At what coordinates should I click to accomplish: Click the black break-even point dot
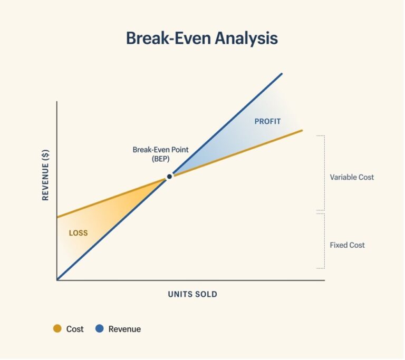coord(169,177)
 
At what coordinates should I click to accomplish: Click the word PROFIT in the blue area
coord(267,121)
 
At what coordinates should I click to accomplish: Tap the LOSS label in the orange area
coord(79,233)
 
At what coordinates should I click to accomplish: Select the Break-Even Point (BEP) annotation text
coord(156,154)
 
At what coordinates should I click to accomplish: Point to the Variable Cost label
coord(352,177)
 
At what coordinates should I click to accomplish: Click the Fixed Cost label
coord(347,245)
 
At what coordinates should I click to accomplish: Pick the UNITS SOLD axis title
coord(192,294)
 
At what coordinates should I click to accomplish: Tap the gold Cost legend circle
coord(57,329)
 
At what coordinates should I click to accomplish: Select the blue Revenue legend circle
coord(99,329)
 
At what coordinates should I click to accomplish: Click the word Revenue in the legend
coord(124,329)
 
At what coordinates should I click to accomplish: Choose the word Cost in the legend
coord(75,329)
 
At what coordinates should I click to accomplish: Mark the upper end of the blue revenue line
coord(282,74)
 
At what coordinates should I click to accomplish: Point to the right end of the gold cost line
coord(301,130)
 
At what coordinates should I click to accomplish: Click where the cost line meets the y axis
coord(57,217)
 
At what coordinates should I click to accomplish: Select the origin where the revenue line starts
coord(57,279)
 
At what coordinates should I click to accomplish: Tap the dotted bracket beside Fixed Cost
coord(323,241)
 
